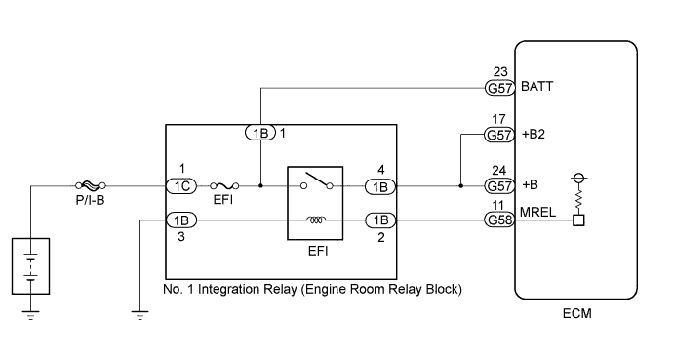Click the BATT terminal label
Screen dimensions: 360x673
pos(538,87)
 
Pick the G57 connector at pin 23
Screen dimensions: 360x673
pos(499,87)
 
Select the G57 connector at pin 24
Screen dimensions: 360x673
pos(499,183)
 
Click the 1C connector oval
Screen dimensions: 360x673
pos(179,183)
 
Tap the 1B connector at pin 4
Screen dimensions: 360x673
pos(378,183)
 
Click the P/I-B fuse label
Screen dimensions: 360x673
pos(92,199)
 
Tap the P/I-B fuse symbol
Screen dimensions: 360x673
pos(91,183)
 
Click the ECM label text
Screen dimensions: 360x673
pos(575,314)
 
